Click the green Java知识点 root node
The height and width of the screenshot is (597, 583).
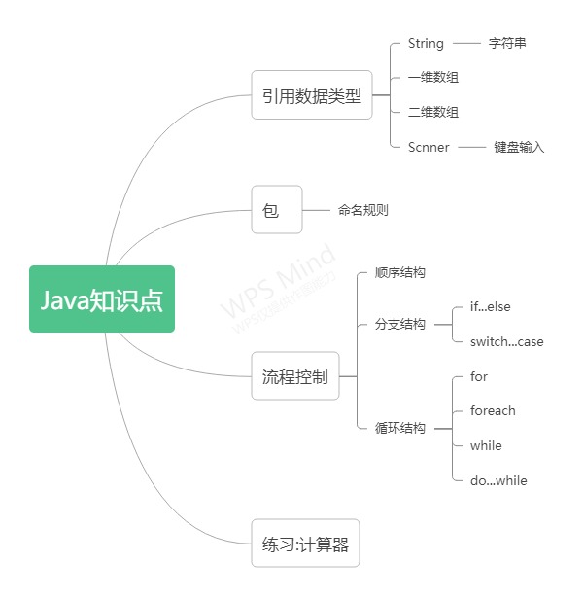[x=102, y=299]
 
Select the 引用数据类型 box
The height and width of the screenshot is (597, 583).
[x=311, y=95]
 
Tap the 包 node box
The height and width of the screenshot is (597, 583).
[x=277, y=209]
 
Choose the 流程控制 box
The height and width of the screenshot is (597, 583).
[x=295, y=376]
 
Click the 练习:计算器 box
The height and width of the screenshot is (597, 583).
[x=305, y=544]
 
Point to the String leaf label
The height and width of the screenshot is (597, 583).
[x=426, y=44]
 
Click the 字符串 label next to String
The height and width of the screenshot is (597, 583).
[x=507, y=44]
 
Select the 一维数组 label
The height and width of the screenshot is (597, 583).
[x=433, y=78]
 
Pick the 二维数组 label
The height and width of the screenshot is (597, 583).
[x=433, y=113]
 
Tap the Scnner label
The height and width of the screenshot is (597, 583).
[x=429, y=148]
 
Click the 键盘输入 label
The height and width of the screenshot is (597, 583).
[x=519, y=148]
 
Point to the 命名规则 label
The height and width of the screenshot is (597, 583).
[x=363, y=210]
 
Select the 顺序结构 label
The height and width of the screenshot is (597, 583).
[x=399, y=273]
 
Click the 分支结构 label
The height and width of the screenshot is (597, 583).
[x=399, y=325]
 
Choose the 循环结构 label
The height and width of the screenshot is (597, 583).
[x=399, y=428]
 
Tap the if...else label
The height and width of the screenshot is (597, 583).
[x=490, y=307]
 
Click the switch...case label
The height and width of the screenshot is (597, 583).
[x=506, y=342]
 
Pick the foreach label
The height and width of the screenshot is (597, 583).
[x=493, y=411]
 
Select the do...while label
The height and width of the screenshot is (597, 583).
[x=498, y=480]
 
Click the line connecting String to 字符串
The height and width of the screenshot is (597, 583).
[x=466, y=44]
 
